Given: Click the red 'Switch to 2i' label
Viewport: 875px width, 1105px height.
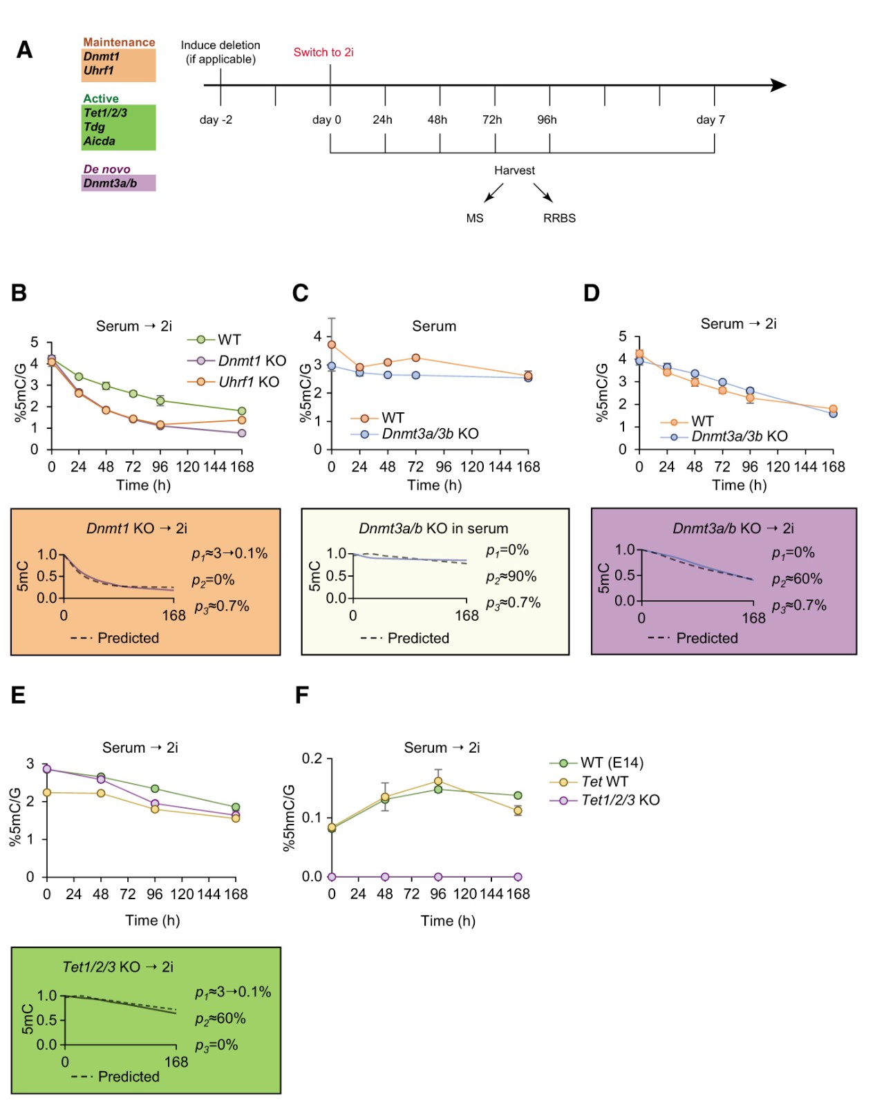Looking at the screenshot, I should coord(323,52).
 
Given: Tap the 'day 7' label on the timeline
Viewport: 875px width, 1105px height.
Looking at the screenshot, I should coord(710,120).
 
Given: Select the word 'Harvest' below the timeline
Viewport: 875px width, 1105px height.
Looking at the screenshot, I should coord(514,171).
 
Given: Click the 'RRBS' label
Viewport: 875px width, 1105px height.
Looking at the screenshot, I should coord(559,218).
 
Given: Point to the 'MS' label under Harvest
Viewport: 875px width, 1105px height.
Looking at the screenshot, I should coord(475,218).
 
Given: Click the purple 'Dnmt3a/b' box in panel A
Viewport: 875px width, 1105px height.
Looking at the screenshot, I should coord(118,183).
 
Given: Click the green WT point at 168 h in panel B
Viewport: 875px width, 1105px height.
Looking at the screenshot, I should coord(242,411).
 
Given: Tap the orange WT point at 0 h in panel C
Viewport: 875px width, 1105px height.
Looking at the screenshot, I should coord(332,345).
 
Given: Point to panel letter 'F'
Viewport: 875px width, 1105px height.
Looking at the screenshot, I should coord(301,695).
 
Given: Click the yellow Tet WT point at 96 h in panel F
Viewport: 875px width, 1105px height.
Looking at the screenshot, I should coord(438,781).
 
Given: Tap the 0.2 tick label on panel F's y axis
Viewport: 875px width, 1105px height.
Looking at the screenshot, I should coord(312,759).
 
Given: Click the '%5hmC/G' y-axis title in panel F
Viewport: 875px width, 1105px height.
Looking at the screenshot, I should coord(289,818).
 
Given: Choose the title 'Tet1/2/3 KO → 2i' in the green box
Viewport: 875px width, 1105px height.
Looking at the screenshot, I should coord(117,967).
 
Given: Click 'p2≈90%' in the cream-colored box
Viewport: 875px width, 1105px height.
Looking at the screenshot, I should coord(511,577).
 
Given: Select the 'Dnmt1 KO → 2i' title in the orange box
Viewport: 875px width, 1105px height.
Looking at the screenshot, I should coord(137,528).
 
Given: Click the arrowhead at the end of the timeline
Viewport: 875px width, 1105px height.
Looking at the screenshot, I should coord(779,86).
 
